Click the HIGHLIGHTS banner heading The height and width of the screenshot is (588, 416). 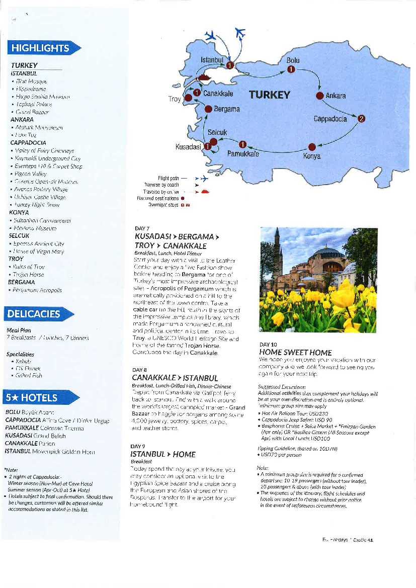tap(40, 48)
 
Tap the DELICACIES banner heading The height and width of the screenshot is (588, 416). tap(34, 314)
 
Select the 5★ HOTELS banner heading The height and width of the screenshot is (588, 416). tap(32, 397)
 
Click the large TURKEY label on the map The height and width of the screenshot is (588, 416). tap(270, 95)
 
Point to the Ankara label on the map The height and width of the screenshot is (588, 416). tap(336, 96)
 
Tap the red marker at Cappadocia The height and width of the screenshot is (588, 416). tap(361, 119)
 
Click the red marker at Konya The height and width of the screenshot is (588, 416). tap(311, 146)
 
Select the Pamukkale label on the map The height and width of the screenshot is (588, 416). tap(243, 154)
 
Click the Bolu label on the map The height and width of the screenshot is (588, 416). tap(293, 60)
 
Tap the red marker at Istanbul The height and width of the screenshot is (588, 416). tap(229, 65)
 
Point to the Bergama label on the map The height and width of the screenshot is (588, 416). tap(226, 109)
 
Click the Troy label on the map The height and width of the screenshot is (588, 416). tap(175, 99)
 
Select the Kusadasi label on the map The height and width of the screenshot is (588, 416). tap(188, 147)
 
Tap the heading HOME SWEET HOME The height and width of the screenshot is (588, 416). tap(295, 353)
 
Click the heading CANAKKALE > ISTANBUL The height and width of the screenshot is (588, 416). tap(175, 378)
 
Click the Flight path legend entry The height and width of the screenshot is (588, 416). tap(173, 178)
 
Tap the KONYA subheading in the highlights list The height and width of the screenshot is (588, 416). tap(20, 213)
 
